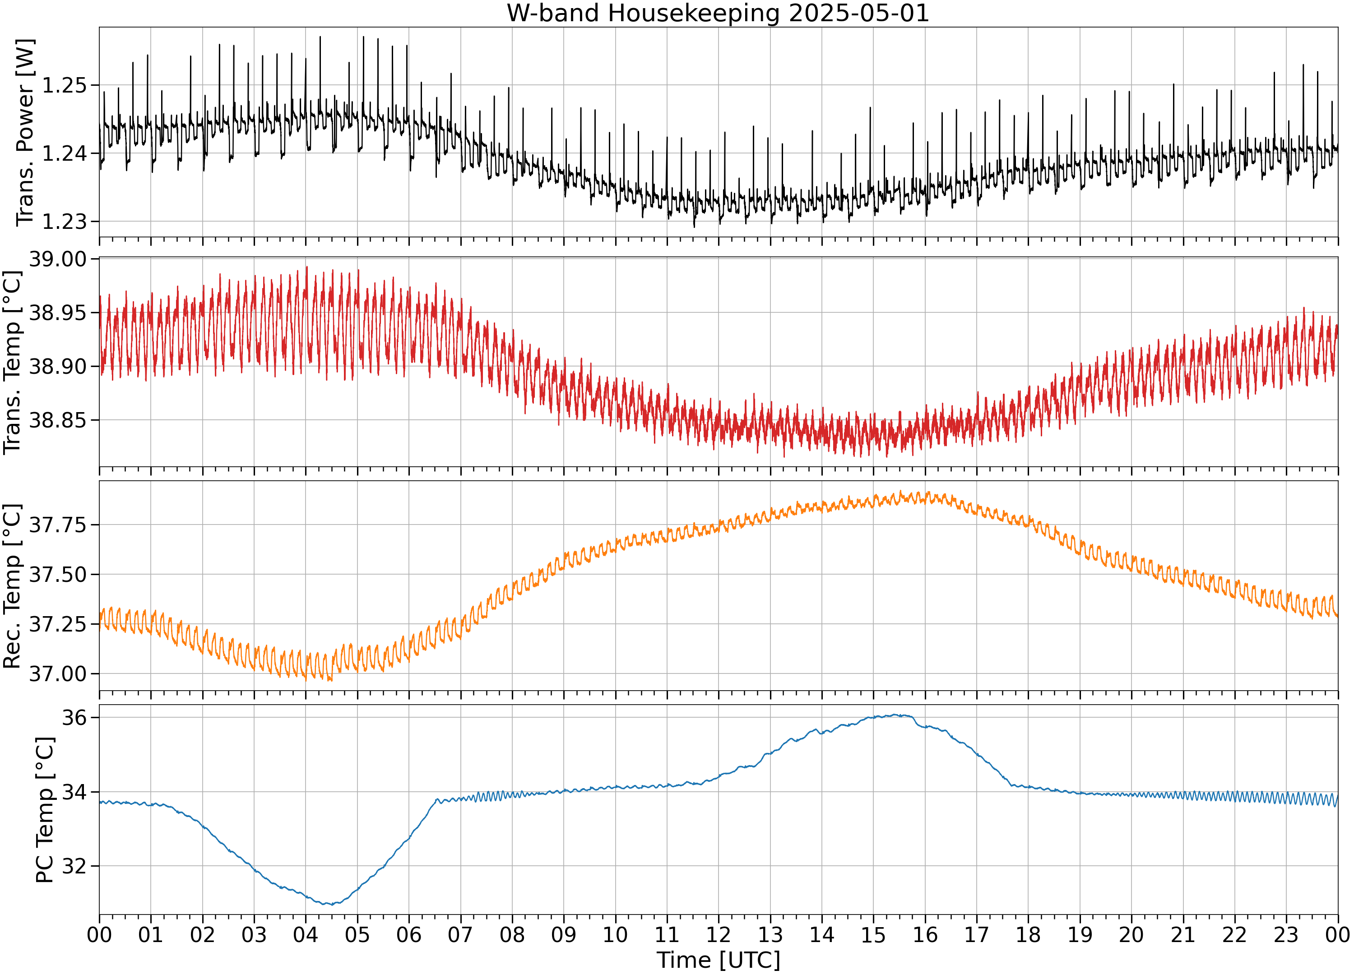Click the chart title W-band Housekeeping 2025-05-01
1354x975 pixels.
(718, 13)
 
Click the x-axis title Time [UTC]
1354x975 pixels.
(718, 960)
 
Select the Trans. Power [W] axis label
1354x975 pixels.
(25, 133)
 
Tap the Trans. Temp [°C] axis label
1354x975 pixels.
(13, 362)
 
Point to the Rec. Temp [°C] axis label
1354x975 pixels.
(13, 586)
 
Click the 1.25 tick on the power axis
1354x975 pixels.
(64, 85)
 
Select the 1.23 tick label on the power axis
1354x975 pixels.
(64, 222)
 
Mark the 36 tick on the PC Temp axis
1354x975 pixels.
(74, 717)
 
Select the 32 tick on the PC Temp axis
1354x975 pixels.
(74, 866)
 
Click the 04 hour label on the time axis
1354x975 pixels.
(306, 934)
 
